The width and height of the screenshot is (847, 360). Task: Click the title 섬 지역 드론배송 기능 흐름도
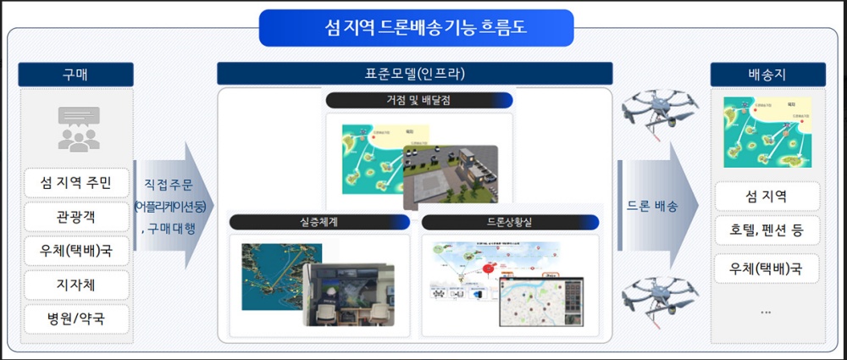coord(416,28)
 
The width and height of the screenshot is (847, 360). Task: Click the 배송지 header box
coord(767,75)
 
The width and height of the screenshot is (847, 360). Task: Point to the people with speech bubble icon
coord(78,129)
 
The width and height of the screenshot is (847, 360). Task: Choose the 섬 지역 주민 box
coord(76,182)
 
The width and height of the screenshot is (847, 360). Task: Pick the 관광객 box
coord(76,216)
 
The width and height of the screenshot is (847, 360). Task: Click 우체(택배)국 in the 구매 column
coord(76,252)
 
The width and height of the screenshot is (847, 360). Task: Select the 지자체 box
coord(76,285)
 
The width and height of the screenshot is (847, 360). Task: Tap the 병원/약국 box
coord(76,319)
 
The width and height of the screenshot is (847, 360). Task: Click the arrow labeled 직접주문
coord(174,206)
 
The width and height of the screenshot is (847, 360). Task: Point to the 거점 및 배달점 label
coord(419,101)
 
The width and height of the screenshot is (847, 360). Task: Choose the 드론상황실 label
coord(509,222)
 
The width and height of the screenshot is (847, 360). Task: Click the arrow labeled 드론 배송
coord(656,206)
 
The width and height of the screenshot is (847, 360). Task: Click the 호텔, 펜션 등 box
coord(767,230)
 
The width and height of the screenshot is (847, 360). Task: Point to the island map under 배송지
coord(767,131)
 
